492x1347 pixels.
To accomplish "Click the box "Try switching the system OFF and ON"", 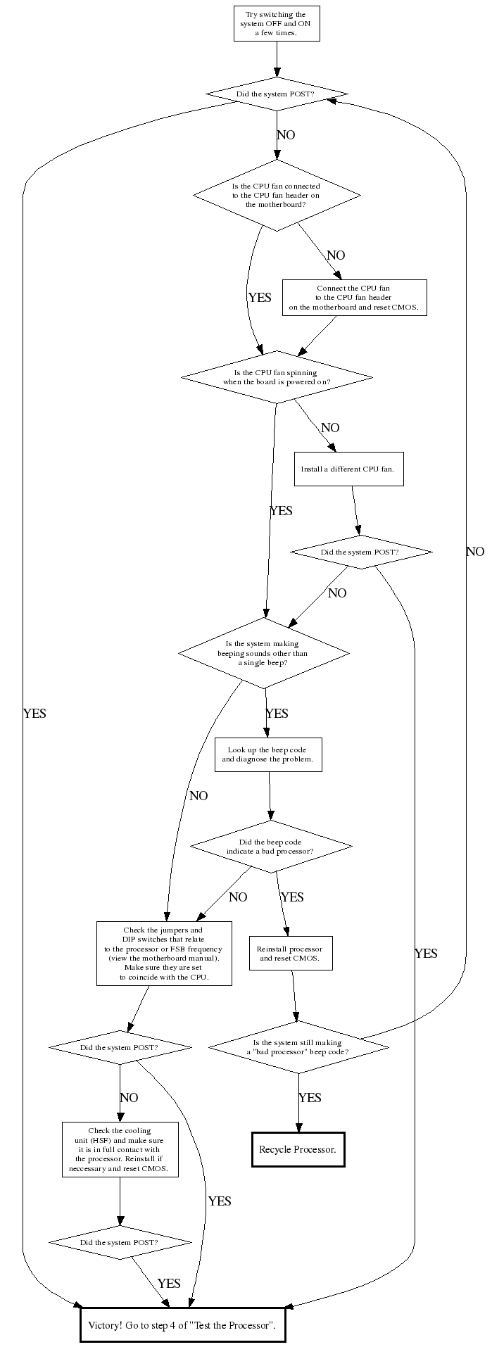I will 277,23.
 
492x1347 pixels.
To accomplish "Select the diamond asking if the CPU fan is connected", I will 277,195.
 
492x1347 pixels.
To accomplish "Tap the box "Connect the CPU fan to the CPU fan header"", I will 354,298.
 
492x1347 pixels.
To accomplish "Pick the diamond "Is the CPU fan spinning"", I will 277,377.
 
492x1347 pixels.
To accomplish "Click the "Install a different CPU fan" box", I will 348,469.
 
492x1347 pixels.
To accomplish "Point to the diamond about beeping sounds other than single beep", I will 263,653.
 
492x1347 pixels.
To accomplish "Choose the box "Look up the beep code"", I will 268,754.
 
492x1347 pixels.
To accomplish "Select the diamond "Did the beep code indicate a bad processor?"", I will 270,847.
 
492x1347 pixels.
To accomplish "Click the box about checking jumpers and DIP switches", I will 164,954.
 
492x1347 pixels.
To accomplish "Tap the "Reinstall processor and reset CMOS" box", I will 290,954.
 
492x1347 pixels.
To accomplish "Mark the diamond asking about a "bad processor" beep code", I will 298,1047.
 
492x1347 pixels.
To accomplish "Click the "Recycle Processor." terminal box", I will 298,1149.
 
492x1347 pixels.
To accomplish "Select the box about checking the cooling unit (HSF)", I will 120,1149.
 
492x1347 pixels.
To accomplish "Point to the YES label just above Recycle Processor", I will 310,1098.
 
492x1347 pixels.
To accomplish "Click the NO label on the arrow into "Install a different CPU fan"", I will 330,428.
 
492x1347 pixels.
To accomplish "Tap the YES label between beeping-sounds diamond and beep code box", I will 277,714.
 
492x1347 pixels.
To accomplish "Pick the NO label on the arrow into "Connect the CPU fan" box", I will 336,255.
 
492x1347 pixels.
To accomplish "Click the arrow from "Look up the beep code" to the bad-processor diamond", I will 270,795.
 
